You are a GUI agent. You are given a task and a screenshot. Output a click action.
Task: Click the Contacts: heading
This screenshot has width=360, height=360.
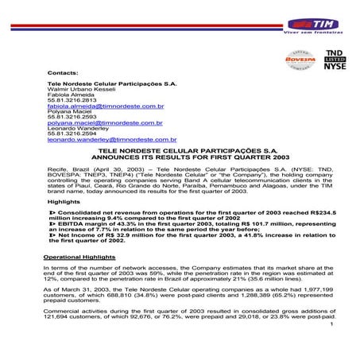tap(64, 72)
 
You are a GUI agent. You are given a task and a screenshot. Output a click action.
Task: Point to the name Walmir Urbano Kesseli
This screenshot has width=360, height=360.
tap(83, 88)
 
